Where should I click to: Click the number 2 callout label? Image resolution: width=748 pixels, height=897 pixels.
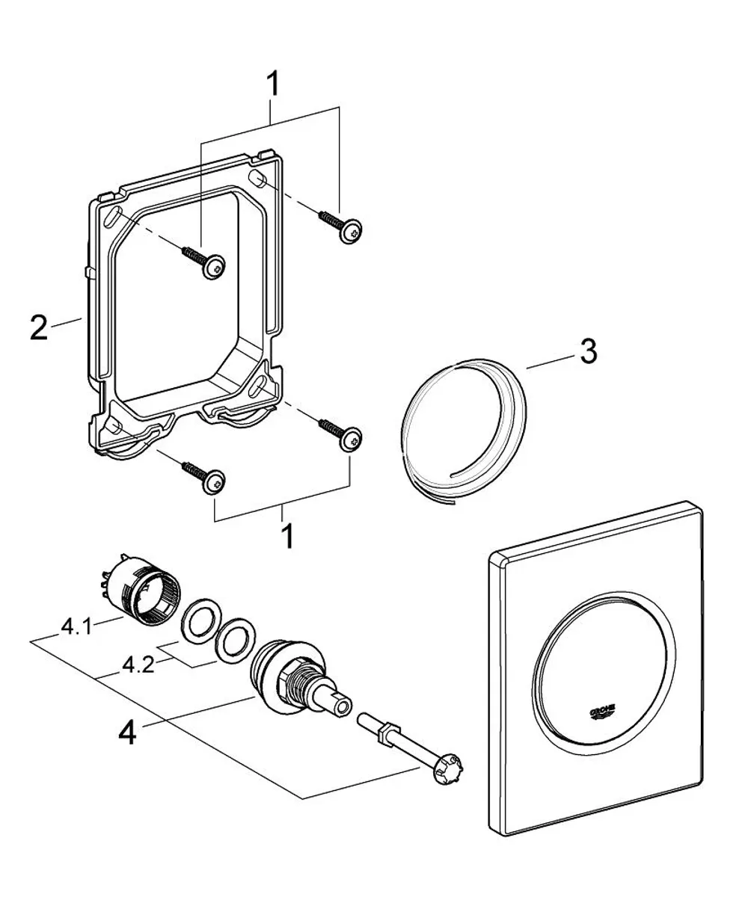tap(39, 327)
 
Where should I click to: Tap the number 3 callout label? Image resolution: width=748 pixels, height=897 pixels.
tap(588, 351)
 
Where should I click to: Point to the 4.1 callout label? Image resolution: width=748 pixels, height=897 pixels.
tap(76, 627)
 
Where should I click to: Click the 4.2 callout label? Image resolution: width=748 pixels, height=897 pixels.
tap(138, 666)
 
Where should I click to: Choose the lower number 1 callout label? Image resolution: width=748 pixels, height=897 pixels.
tap(286, 536)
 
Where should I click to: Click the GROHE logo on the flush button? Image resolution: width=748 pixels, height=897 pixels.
tap(604, 711)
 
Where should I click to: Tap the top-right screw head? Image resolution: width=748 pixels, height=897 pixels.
tap(351, 231)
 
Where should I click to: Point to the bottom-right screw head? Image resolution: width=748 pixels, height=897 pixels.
tap(351, 438)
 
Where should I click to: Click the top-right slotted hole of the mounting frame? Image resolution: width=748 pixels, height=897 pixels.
tap(257, 179)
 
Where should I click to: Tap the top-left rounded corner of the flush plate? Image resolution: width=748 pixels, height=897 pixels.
tap(494, 558)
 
